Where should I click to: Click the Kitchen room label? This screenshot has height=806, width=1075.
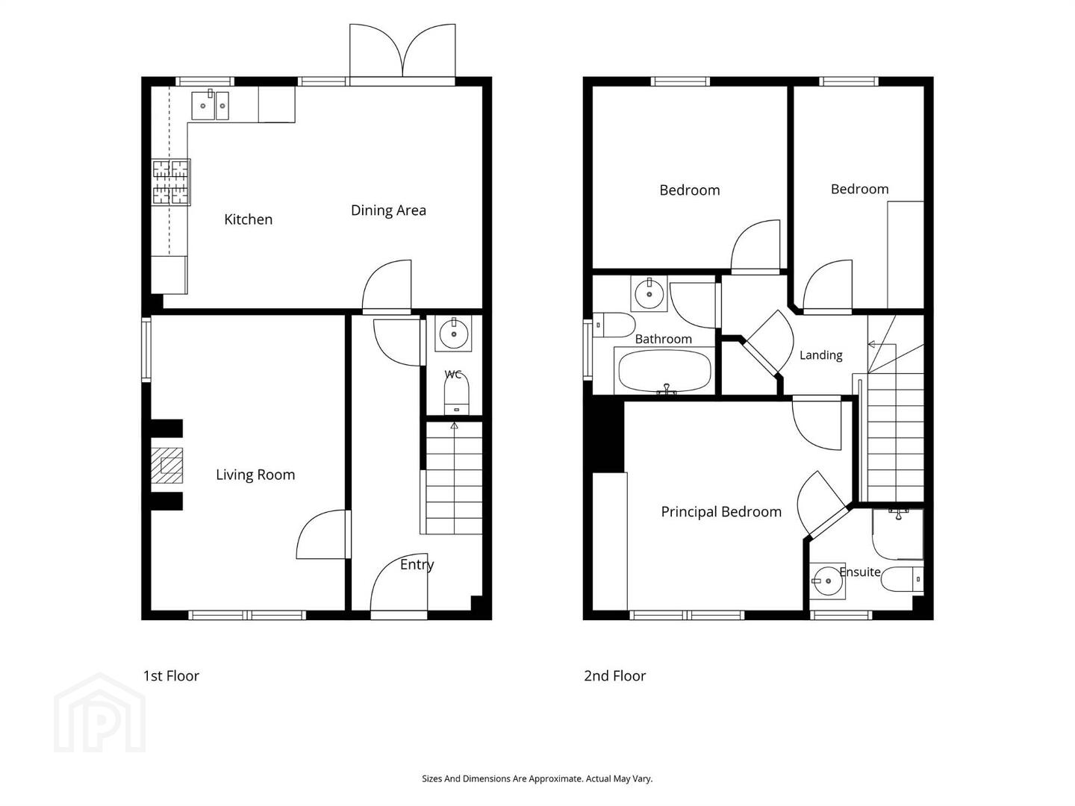tap(248, 219)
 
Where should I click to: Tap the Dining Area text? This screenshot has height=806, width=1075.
tap(388, 210)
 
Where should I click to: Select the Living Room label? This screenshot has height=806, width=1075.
tap(255, 475)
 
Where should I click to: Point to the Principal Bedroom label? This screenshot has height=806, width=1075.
tap(721, 512)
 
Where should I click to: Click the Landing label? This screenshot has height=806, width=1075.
tap(821, 354)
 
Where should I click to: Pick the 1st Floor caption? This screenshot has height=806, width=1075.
tap(171, 676)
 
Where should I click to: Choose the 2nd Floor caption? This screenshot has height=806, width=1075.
tap(614, 676)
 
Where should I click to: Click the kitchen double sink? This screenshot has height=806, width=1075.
tap(210, 104)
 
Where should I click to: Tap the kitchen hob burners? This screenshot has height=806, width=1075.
tap(171, 182)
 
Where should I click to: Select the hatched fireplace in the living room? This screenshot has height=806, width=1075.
tap(166, 466)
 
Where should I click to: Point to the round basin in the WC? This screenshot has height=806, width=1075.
tap(453, 334)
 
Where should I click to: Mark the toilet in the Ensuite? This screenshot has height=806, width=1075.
tap(902, 580)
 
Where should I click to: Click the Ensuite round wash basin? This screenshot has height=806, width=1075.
tap(827, 581)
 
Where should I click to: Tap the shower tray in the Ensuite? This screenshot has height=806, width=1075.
tap(898, 534)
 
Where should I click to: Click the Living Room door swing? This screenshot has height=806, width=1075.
tap(324, 534)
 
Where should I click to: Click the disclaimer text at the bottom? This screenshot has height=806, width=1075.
tap(537, 778)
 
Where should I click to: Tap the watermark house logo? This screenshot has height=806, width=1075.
tap(99, 713)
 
